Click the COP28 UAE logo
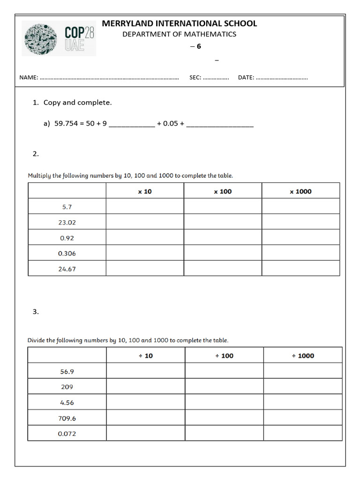click(x=59, y=39)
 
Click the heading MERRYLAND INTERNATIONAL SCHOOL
click(x=180, y=23)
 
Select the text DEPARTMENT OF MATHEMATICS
click(x=180, y=34)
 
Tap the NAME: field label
click(x=28, y=77)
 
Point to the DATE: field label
click(x=246, y=77)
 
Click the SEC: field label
click(x=195, y=77)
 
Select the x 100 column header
click(x=223, y=191)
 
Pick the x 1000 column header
click(x=300, y=191)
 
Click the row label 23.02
click(x=67, y=222)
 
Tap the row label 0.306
click(x=67, y=253)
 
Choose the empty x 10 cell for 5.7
click(x=145, y=206)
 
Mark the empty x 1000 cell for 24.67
click(x=300, y=269)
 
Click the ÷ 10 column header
click(x=146, y=356)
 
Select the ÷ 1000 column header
click(x=303, y=356)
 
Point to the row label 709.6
click(x=67, y=418)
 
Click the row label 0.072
click(x=67, y=434)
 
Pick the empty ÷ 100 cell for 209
click(x=224, y=387)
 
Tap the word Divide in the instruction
click(x=37, y=340)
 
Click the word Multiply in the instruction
click(x=39, y=176)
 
